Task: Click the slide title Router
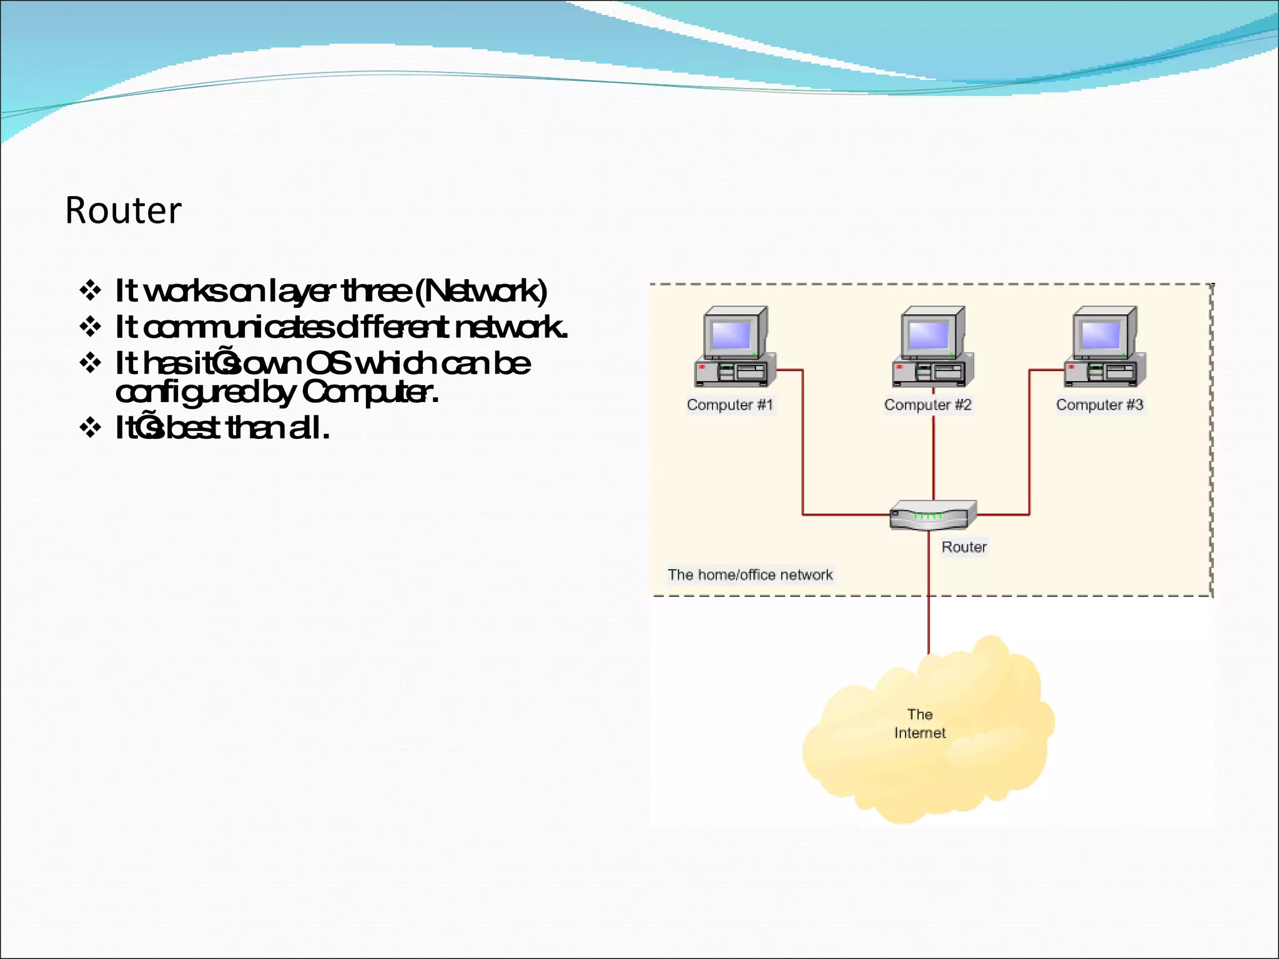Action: tap(123, 211)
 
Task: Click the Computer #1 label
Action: tap(730, 405)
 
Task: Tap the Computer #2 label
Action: tap(927, 405)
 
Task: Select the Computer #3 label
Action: tap(1099, 405)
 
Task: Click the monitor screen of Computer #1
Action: tap(730, 335)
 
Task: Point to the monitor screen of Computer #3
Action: tap(1100, 335)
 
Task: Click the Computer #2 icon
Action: tap(932, 347)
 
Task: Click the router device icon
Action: tap(932, 516)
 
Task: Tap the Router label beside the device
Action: tap(964, 547)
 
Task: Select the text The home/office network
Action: tap(749, 574)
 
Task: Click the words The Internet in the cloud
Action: tap(919, 724)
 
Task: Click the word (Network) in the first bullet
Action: tap(481, 291)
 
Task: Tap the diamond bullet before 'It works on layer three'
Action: tap(91, 290)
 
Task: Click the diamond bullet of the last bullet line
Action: tap(91, 428)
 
